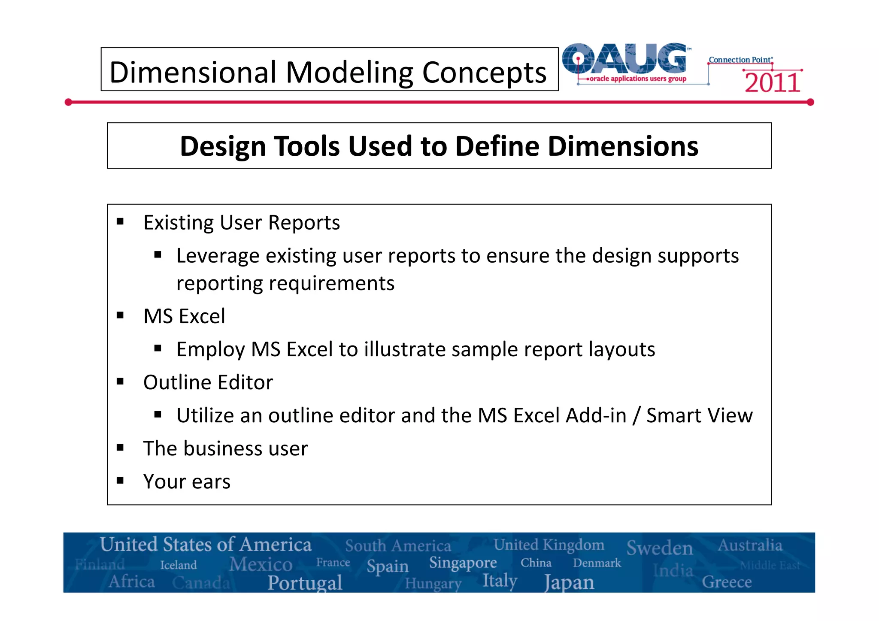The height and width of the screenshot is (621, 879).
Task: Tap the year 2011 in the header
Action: coord(772,82)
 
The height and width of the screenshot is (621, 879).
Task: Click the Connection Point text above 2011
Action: coord(740,60)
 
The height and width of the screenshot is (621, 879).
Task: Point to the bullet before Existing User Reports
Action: coord(120,222)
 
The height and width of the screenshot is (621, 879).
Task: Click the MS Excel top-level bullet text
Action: coord(184,316)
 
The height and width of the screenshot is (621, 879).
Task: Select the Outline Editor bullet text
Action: coord(208,382)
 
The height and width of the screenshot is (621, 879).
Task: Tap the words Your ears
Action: coord(187,482)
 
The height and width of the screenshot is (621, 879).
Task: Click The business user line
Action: coord(225,448)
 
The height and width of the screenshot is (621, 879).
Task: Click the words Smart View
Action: coord(699,415)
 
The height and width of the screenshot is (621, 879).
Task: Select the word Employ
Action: coord(210,349)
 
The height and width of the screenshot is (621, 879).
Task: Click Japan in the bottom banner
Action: coord(569,582)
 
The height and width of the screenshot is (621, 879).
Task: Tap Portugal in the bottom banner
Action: coord(305,582)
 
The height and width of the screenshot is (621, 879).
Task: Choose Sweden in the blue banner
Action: coord(659,548)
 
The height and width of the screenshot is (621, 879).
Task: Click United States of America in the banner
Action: coord(206,545)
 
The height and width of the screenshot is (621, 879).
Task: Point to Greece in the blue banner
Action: coord(727,582)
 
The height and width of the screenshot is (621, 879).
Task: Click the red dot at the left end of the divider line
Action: coord(68,102)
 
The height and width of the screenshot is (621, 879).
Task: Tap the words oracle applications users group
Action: coord(638,79)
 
